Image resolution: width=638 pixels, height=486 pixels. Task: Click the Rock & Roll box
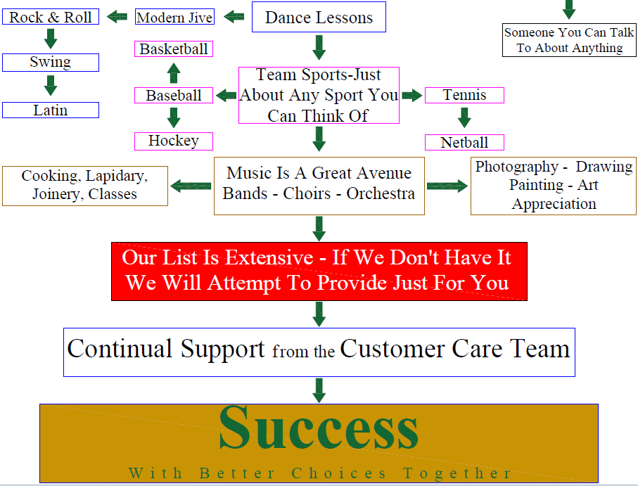(51, 17)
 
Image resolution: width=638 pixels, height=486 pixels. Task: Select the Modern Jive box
(174, 17)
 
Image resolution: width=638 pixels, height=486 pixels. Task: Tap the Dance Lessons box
(319, 17)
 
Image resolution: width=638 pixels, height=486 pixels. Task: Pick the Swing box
(51, 62)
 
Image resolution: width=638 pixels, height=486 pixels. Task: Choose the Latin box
(51, 110)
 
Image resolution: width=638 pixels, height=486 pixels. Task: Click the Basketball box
(174, 49)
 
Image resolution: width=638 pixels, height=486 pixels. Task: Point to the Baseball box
(174, 95)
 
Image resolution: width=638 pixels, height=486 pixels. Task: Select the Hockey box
(174, 141)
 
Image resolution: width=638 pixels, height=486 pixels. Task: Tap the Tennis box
(464, 95)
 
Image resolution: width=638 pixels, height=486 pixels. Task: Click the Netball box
(464, 142)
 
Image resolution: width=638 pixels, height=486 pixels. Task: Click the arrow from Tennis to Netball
(464, 117)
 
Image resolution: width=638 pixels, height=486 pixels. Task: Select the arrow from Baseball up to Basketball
(174, 73)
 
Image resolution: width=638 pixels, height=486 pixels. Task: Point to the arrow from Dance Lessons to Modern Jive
(234, 17)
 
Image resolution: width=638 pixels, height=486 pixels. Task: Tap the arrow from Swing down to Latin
(51, 85)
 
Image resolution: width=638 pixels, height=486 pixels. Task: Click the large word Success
(319, 428)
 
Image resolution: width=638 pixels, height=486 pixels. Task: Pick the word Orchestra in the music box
(381, 193)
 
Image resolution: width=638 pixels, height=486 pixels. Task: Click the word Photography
(517, 167)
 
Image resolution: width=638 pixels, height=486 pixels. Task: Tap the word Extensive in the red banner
(269, 257)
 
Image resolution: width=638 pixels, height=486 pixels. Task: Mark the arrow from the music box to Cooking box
(191, 186)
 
